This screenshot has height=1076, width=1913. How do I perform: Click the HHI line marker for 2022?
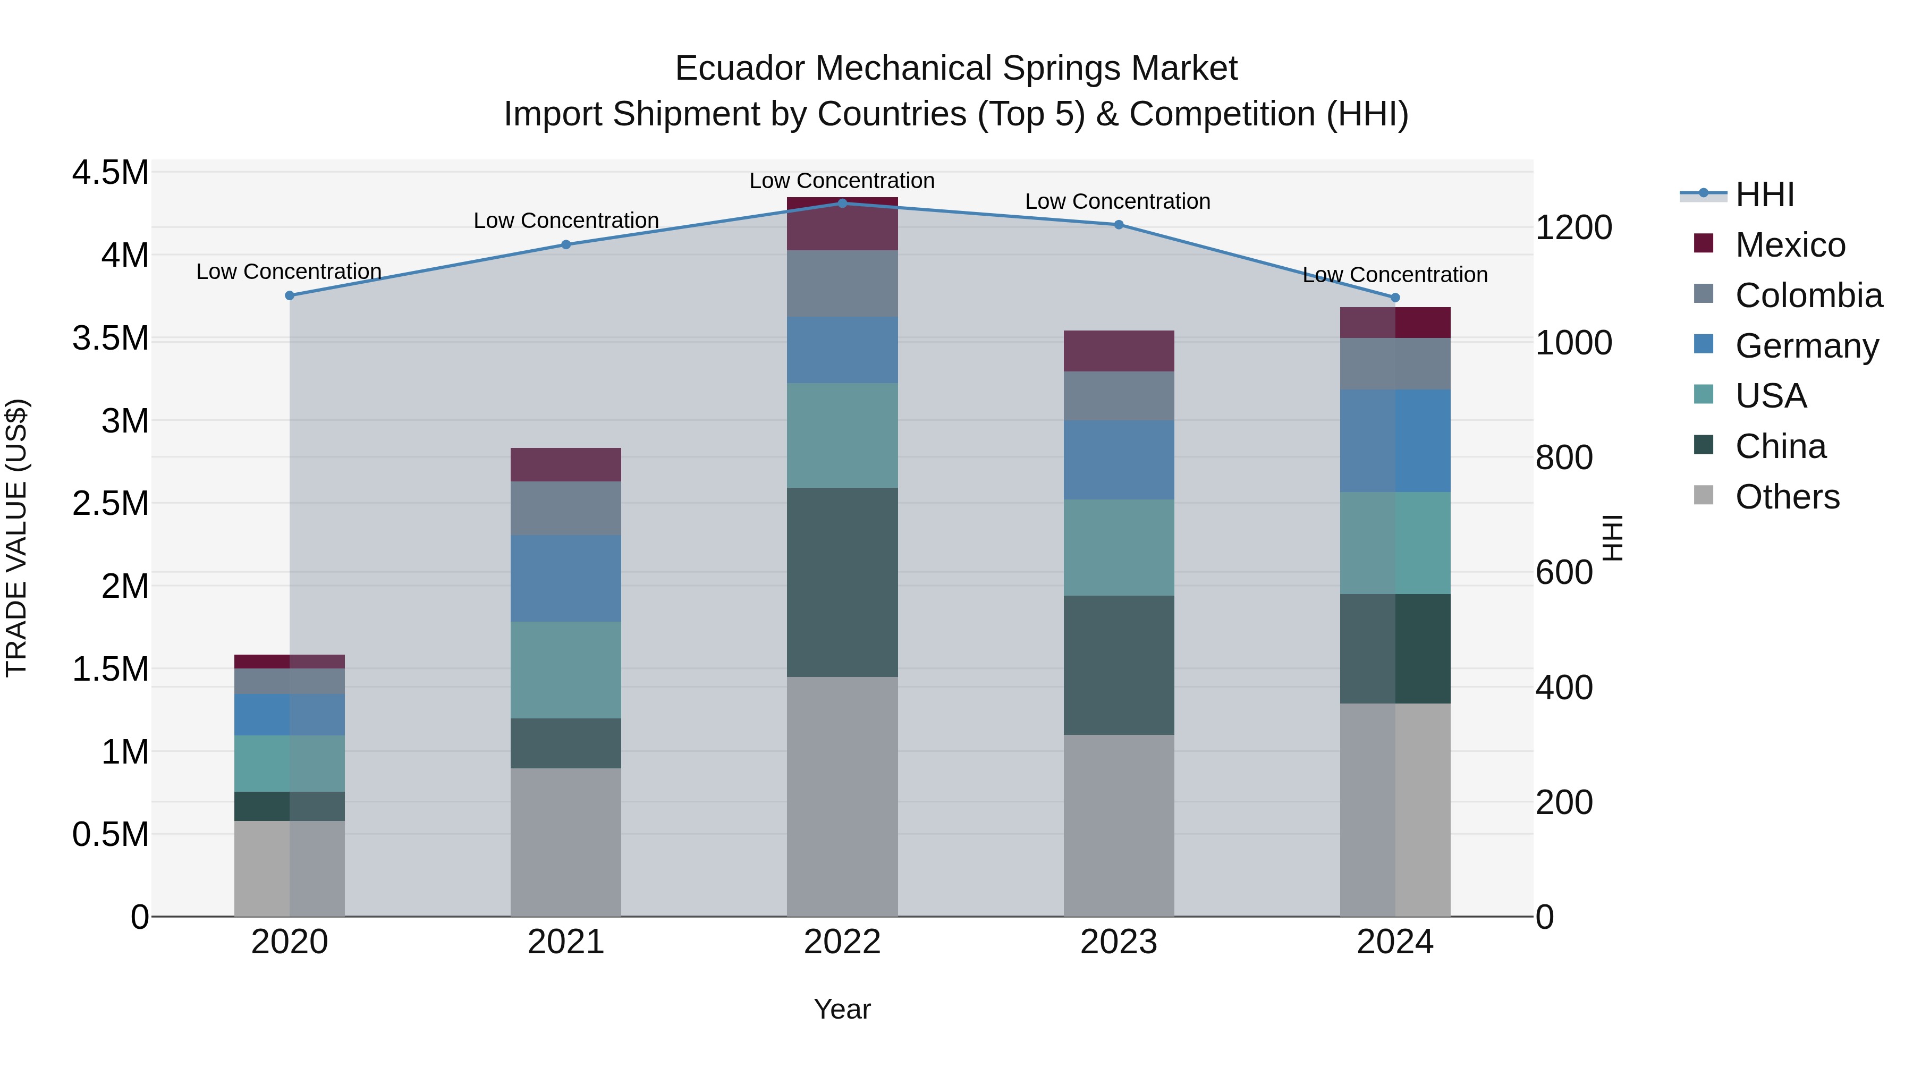(x=842, y=203)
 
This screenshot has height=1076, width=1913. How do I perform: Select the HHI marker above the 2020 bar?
(x=290, y=295)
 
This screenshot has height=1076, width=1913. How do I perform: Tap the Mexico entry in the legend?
(x=1790, y=245)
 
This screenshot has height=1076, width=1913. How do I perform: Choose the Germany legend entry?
(x=1806, y=346)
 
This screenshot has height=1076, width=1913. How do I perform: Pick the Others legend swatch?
(x=1704, y=495)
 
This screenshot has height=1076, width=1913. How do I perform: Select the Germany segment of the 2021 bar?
(x=566, y=578)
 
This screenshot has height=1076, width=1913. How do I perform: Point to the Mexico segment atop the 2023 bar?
(x=1119, y=351)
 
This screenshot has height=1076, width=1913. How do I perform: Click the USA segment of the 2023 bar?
(x=1119, y=547)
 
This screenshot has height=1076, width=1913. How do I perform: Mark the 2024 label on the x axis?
(x=1395, y=942)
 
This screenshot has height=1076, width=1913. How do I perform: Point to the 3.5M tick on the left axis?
(x=110, y=338)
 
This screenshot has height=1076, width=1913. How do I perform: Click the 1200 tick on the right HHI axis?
(x=1573, y=227)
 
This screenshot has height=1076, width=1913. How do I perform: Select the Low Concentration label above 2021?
(x=566, y=221)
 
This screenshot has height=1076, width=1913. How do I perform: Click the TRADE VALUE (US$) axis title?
(x=16, y=538)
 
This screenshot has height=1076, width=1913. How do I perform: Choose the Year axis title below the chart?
(x=842, y=1009)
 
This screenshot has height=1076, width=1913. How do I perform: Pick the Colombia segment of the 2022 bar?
(x=842, y=284)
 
